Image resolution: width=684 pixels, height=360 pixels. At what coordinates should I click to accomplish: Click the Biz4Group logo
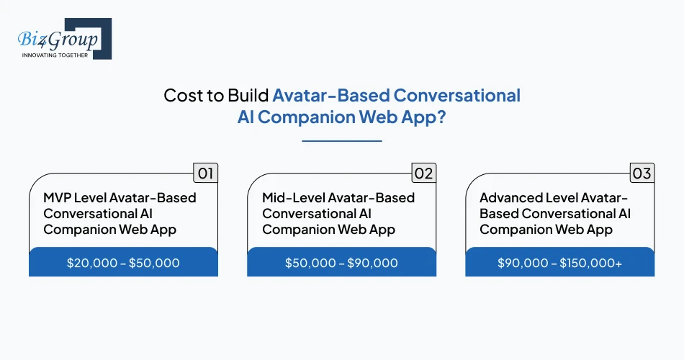(x=63, y=37)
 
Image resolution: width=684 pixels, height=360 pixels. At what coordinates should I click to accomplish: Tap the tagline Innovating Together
(x=55, y=55)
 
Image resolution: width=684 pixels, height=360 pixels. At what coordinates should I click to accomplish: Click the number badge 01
(x=206, y=173)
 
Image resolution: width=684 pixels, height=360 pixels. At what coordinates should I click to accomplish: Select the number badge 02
(x=423, y=173)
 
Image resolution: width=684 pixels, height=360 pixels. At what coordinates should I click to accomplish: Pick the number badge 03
(x=641, y=173)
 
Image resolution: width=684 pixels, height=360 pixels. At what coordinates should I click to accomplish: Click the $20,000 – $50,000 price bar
(x=123, y=263)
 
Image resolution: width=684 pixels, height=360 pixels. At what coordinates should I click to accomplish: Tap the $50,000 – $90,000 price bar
(x=341, y=263)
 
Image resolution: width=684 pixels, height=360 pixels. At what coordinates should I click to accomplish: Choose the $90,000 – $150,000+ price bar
(x=559, y=263)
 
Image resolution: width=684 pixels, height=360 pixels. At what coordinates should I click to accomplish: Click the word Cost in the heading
(x=181, y=96)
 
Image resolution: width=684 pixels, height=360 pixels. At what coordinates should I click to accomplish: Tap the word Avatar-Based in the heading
(x=334, y=96)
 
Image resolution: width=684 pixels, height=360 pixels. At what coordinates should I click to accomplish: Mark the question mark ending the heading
(x=441, y=117)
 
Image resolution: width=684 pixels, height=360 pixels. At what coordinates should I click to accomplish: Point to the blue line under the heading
(x=341, y=141)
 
